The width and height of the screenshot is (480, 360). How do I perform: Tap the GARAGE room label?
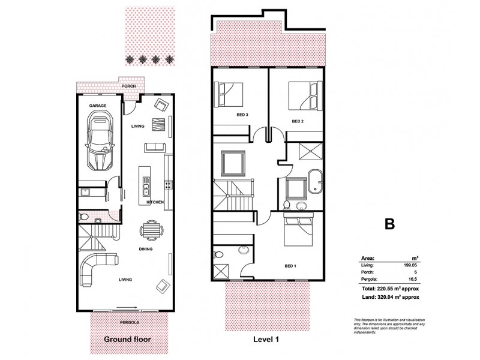pyautogui.click(x=98, y=105)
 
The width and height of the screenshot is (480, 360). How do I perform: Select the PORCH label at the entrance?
pyautogui.click(x=129, y=86)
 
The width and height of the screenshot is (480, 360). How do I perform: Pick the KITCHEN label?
pyautogui.click(x=155, y=202)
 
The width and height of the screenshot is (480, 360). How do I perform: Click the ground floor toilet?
pyautogui.click(x=85, y=216)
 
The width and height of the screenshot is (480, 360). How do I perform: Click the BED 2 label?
pyautogui.click(x=298, y=121)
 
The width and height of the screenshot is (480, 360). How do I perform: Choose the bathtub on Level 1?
pyautogui.click(x=314, y=182)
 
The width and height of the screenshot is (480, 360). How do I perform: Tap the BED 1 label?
pyautogui.click(x=290, y=265)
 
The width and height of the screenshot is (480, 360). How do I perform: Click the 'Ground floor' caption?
pyautogui.click(x=127, y=339)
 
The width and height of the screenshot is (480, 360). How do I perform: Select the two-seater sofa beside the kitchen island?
pyautogui.click(x=153, y=148)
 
